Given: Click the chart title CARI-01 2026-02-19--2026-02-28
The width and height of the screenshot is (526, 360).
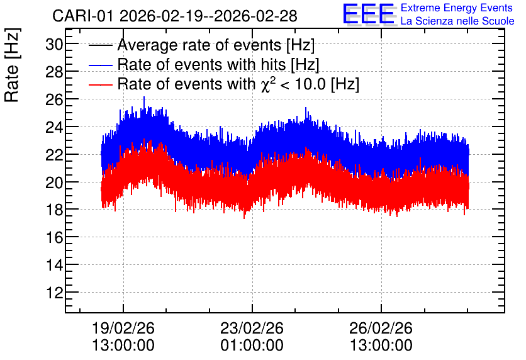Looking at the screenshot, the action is [x=175, y=16].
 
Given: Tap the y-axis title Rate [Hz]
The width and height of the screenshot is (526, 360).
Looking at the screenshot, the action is [x=12, y=65].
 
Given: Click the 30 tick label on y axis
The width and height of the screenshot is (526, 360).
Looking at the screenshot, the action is [x=54, y=44].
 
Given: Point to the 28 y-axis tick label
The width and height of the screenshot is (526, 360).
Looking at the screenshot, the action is [x=54, y=72].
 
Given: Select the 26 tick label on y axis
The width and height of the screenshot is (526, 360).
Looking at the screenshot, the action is [x=54, y=99].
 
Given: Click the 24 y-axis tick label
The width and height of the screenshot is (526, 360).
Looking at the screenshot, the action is [x=54, y=127].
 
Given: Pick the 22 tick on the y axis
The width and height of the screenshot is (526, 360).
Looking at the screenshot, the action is [x=54, y=155].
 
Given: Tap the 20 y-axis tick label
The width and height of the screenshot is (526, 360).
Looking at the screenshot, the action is [x=54, y=182].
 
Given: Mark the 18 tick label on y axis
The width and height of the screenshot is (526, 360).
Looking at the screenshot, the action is [x=54, y=210].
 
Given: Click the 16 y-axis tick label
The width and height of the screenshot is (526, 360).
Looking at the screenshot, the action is [x=54, y=237].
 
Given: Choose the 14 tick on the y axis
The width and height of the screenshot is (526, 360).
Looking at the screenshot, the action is [x=54, y=265].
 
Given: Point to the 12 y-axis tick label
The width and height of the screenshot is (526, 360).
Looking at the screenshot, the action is [x=54, y=293].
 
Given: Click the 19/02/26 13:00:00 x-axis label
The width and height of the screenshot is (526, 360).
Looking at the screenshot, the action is [x=123, y=336].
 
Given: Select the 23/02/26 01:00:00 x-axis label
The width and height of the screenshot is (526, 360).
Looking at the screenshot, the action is [x=252, y=336].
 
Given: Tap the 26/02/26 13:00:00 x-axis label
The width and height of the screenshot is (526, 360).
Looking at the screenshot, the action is [x=381, y=336].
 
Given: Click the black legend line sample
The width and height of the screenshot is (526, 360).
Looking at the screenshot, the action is [x=100, y=45].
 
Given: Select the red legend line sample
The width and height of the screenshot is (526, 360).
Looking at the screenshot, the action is [x=100, y=84].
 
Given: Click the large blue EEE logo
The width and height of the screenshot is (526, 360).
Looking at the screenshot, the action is [x=369, y=14].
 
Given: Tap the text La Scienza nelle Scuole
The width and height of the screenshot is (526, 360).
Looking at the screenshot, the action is [x=457, y=21].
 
